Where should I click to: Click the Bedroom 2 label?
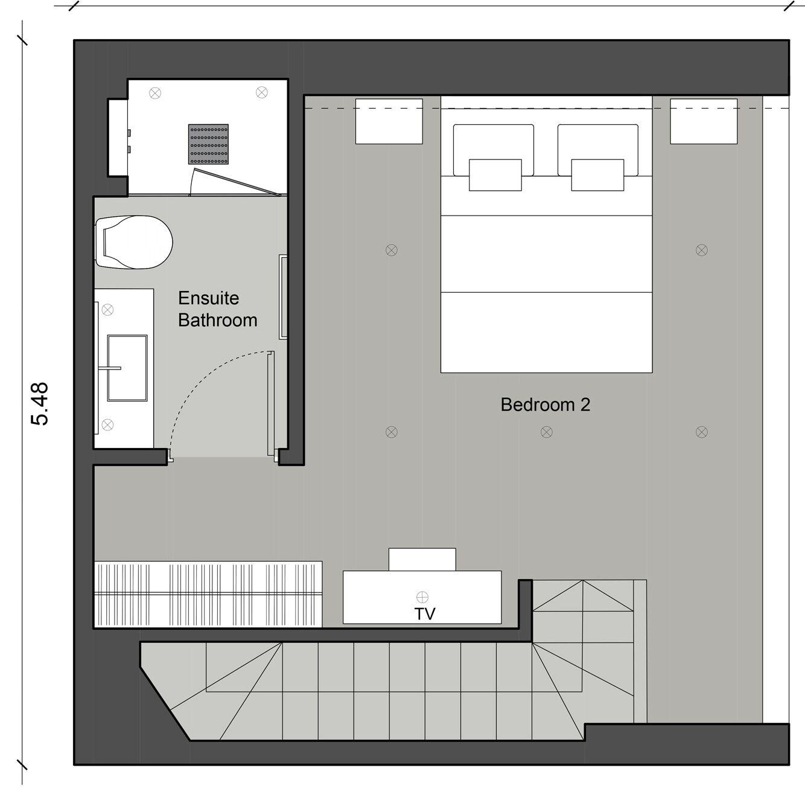tap(545, 405)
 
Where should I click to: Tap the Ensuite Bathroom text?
tap(217, 309)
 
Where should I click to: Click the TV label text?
tap(425, 614)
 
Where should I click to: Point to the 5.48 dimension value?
tap(40, 403)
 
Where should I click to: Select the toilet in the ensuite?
tap(134, 242)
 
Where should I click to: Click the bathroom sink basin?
tap(127, 368)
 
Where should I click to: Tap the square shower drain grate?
tap(208, 144)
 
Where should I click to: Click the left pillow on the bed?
tap(494, 149)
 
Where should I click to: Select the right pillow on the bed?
tap(597, 149)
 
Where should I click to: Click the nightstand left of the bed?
tap(389, 121)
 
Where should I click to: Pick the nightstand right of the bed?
tap(704, 121)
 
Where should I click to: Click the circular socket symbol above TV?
tap(422, 597)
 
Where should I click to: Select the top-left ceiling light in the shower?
tap(155, 93)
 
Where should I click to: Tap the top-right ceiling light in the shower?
tap(261, 92)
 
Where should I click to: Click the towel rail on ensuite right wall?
tap(282, 296)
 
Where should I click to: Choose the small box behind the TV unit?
tap(422, 559)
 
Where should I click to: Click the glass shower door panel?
tap(235, 184)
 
